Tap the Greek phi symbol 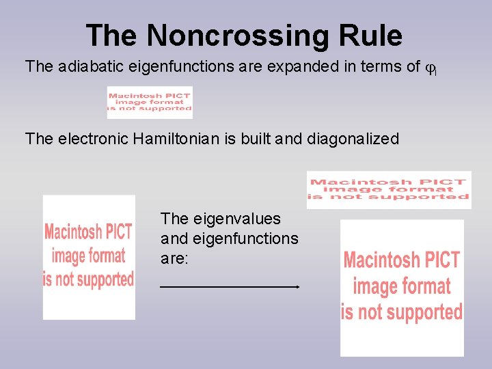pos(429,68)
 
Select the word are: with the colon pos(174,259)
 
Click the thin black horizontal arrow pos(230,287)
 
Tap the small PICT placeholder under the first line pos(149,102)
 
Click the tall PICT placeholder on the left pos(89,257)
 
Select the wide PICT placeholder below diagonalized pos(388,189)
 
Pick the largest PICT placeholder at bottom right pos(402,287)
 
